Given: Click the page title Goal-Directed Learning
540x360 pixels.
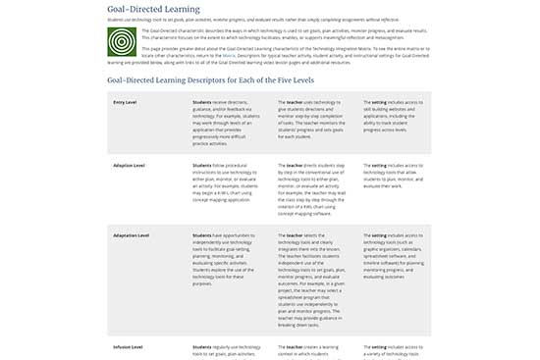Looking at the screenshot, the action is pyautogui.click(x=149, y=8).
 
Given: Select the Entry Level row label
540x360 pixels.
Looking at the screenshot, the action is pyautogui.click(x=125, y=101).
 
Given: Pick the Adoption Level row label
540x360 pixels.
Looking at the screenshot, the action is pyautogui.click(x=131, y=165).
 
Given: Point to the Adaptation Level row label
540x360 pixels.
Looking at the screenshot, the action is pyautogui.click(x=132, y=235).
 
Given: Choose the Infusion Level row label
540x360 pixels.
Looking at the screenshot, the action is pyautogui.click(x=128, y=347).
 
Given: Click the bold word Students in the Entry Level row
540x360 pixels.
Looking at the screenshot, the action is pyautogui.click(x=201, y=101).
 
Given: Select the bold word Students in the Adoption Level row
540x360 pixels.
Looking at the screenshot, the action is pyautogui.click(x=201, y=165).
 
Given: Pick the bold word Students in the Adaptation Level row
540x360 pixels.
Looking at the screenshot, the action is pyautogui.click(x=201, y=235).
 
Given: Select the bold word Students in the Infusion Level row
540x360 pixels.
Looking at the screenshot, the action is pyautogui.click(x=201, y=347).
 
